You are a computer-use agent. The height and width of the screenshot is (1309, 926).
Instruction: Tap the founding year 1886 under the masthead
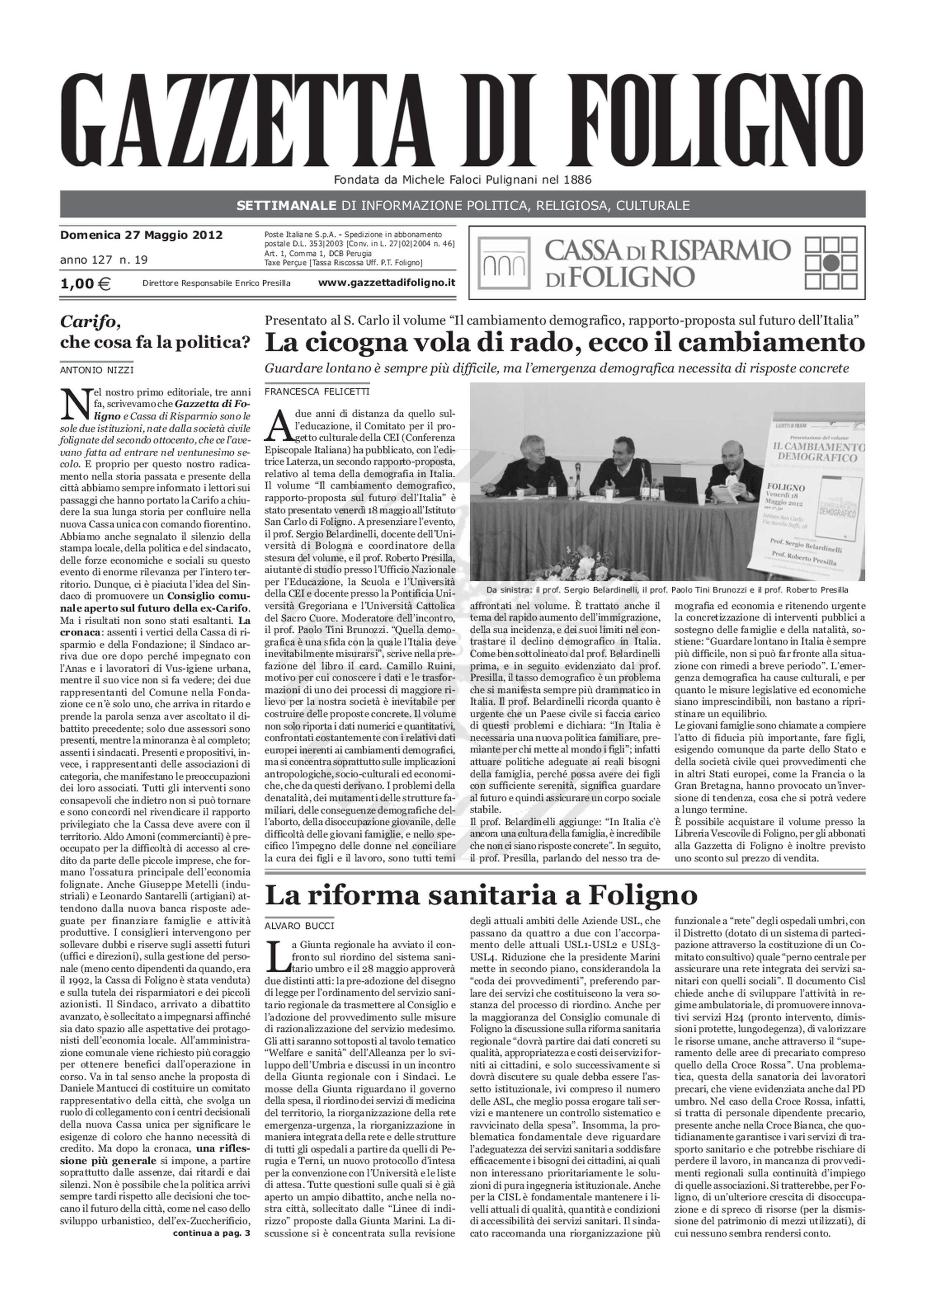coord(577,180)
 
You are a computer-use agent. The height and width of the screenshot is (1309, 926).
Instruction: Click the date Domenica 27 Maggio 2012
coord(141,235)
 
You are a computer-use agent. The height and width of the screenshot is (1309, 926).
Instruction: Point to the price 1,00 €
coord(86,283)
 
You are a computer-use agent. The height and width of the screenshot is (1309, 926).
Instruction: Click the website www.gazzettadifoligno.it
coord(387,283)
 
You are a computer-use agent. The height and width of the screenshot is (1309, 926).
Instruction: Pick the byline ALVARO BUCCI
coord(299,925)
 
